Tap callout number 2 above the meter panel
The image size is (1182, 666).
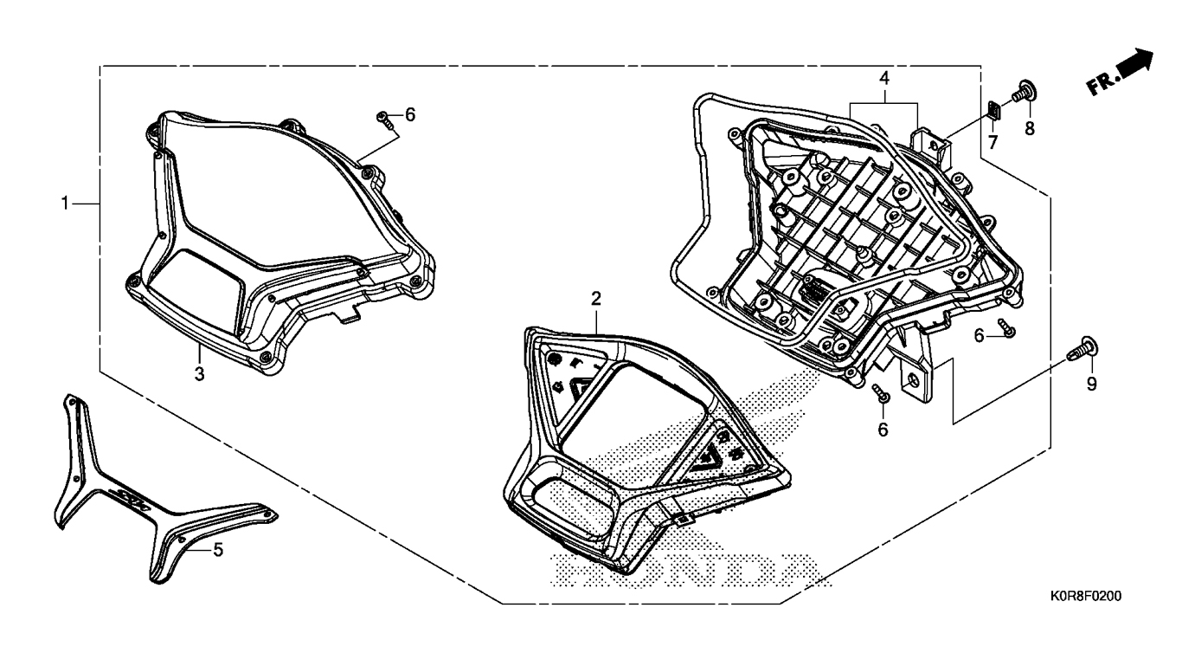point(595,299)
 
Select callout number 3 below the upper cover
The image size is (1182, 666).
point(199,373)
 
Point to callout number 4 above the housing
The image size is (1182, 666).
point(884,78)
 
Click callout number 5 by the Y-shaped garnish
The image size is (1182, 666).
point(218,549)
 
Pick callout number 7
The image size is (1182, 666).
point(992,140)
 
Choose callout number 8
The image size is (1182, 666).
point(1029,128)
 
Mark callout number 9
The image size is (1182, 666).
point(1091,383)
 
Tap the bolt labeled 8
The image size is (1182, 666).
point(1025,89)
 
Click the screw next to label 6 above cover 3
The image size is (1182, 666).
point(386,120)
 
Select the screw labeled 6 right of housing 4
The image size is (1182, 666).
point(1005,327)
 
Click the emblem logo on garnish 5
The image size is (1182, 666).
point(131,497)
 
